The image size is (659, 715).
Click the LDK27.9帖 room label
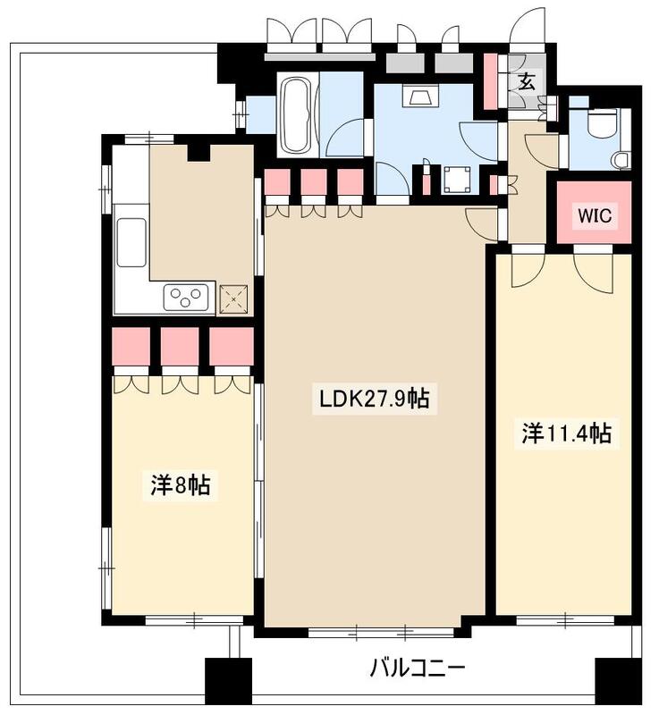click(375, 399)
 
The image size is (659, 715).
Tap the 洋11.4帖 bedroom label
click(566, 433)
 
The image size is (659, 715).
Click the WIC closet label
click(595, 215)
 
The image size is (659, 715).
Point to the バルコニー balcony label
click(417, 669)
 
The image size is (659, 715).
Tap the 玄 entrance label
click(527, 82)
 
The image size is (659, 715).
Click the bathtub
click(296, 115)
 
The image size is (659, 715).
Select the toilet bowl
click(601, 122)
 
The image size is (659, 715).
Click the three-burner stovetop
click(186, 297)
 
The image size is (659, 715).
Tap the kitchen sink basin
click(131, 242)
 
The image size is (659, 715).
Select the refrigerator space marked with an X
click(233, 299)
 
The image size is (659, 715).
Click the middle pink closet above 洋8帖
click(180, 346)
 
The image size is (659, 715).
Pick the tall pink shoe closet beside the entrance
click(490, 81)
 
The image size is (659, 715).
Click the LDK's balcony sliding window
click(381, 632)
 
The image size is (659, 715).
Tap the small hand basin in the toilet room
click(622, 161)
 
